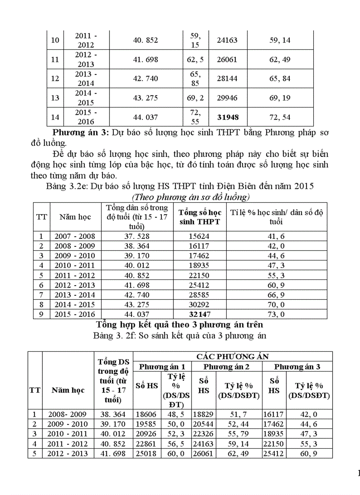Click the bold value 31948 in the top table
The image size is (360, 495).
(227, 117)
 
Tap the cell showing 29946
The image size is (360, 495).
(227, 98)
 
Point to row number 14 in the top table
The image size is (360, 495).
(55, 117)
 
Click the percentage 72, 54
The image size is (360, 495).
(280, 117)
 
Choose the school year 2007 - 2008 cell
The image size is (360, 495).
(75, 236)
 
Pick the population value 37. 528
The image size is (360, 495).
(137, 236)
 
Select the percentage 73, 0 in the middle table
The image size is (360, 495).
(276, 314)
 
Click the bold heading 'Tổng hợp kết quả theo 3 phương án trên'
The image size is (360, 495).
(180, 324)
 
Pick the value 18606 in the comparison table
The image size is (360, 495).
(146, 414)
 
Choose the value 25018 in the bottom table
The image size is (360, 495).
(146, 453)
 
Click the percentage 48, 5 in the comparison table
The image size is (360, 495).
(176, 414)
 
